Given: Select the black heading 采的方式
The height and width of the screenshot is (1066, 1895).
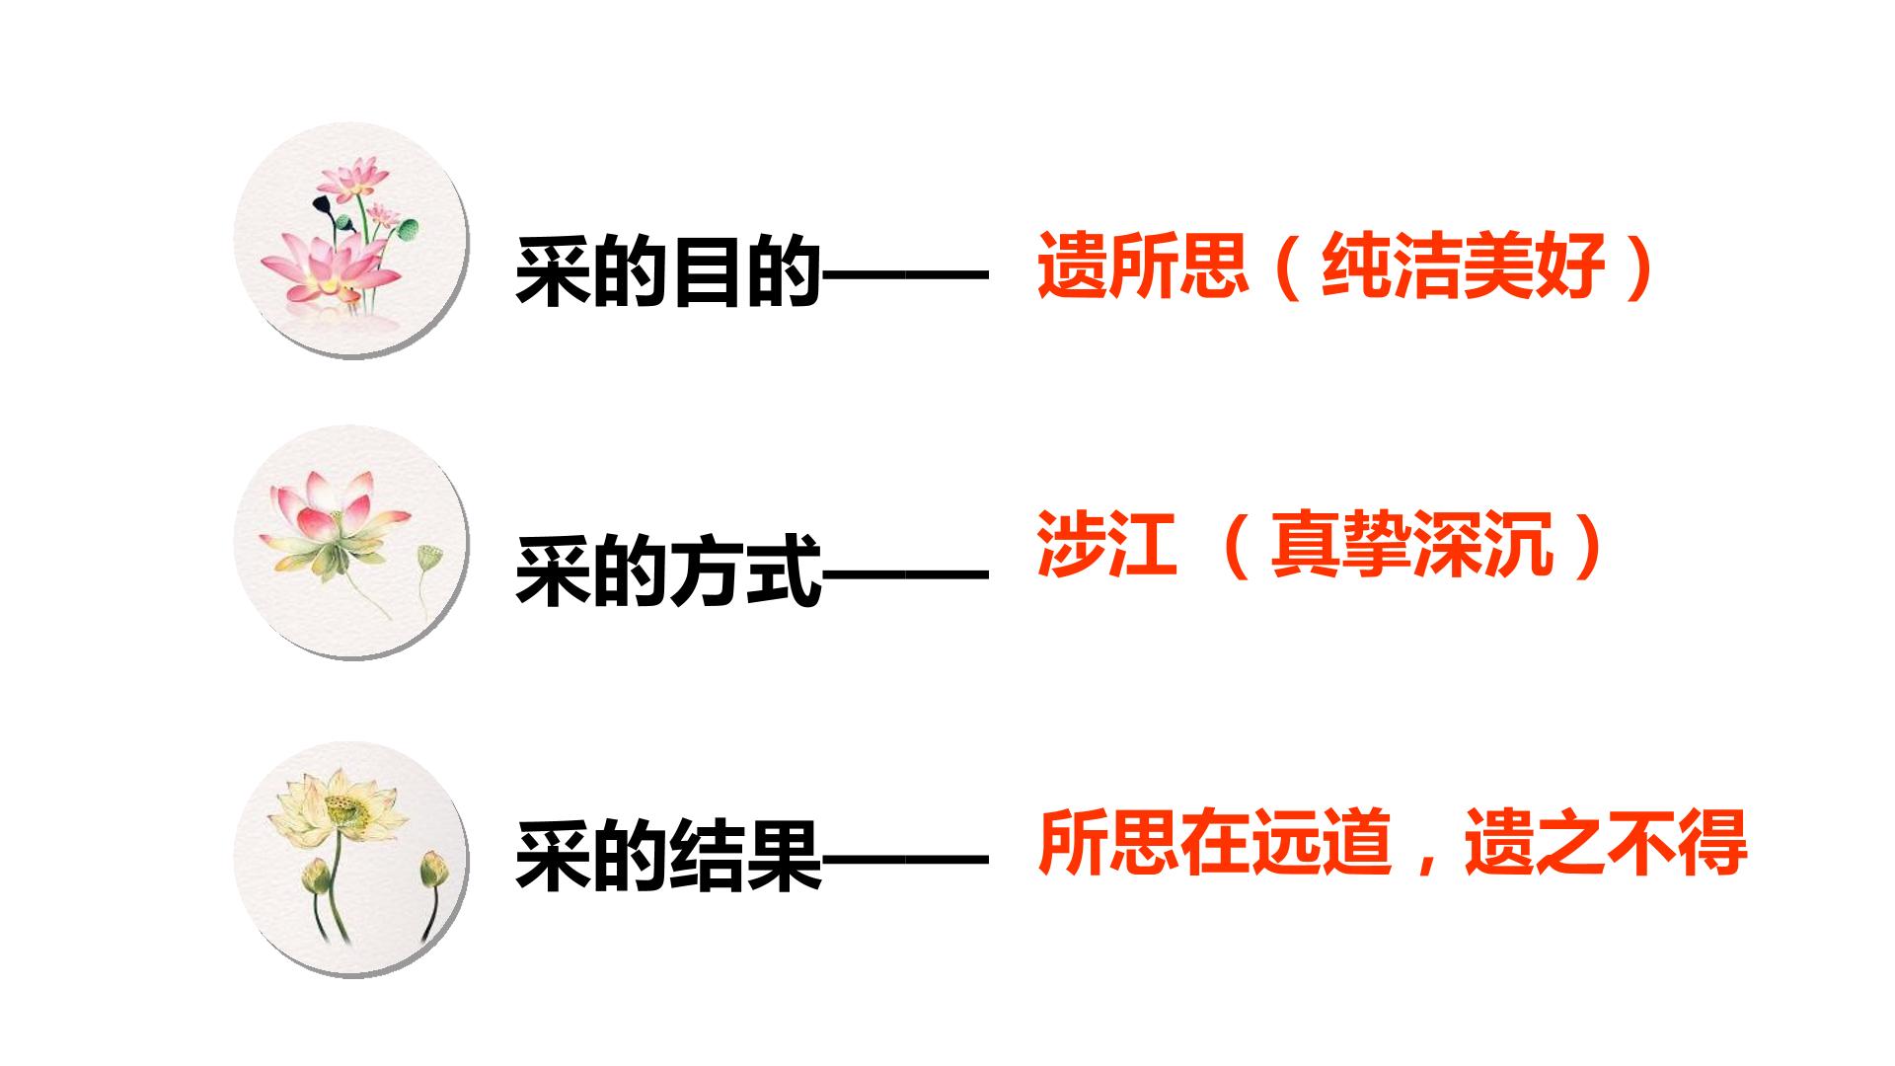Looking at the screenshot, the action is pyautogui.click(x=668, y=571).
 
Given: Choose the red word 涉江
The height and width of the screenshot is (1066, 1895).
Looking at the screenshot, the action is pyautogui.click(x=1106, y=543).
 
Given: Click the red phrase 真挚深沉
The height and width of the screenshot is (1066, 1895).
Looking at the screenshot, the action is pyautogui.click(x=1412, y=543).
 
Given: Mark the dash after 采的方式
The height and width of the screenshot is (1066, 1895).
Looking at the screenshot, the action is pyautogui.click(x=905, y=574).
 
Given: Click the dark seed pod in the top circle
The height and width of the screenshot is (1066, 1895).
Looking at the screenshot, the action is pyautogui.click(x=322, y=204).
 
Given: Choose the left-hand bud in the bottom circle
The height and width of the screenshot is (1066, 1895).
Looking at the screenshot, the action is pyautogui.click(x=316, y=875).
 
